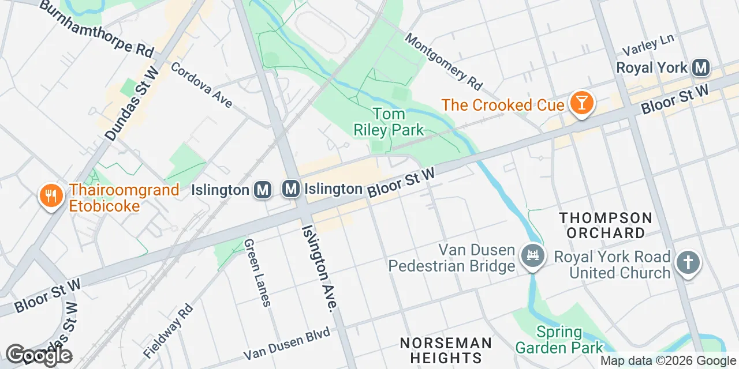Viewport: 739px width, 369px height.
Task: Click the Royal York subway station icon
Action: [701, 68]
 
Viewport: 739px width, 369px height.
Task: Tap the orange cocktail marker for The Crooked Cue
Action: [581, 104]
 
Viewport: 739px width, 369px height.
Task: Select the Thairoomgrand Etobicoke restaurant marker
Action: [51, 196]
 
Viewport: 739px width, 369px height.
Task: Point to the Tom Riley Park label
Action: [389, 122]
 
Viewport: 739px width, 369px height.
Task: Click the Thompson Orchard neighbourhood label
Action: [605, 225]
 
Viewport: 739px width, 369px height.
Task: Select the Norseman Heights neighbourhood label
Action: [446, 351]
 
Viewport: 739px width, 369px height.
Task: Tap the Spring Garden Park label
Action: [559, 340]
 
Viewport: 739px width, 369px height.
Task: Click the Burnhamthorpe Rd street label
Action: [97, 29]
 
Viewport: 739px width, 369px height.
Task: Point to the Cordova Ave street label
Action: [201, 85]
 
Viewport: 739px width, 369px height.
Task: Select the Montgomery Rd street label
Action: [443, 61]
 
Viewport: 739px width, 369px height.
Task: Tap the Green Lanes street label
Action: [257, 273]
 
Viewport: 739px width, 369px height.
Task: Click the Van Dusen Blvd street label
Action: [287, 344]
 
